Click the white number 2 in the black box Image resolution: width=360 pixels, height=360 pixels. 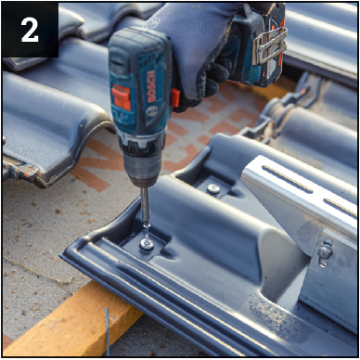point(30,30)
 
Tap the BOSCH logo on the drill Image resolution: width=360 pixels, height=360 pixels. point(151,87)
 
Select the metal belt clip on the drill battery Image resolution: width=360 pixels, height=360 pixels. point(269,45)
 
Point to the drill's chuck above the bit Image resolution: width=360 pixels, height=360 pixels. point(143,167)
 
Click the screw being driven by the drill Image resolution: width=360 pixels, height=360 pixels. point(147,239)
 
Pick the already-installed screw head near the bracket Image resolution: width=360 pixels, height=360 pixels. point(213,188)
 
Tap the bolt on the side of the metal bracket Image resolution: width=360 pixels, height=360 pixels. point(325,251)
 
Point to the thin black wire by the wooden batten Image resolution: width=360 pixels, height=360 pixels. point(108,331)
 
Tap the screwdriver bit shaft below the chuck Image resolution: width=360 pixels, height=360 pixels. point(145,205)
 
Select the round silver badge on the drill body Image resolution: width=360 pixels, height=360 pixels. point(152,111)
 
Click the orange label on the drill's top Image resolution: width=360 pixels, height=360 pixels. point(121,97)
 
